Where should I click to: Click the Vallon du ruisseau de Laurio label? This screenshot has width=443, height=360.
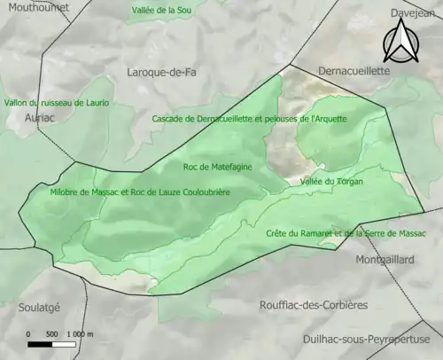tap(57, 103)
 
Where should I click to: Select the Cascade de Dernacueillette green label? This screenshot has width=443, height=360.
tap(250, 119)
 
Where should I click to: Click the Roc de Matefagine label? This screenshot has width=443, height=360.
tap(218, 166)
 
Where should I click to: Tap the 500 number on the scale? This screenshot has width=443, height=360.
tap(51, 333)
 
